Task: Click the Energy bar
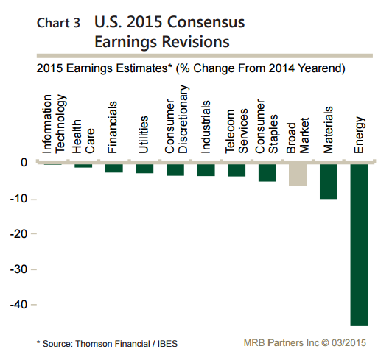tap(359, 245)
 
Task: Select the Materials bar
tap(329, 181)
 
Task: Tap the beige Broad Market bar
tap(298, 174)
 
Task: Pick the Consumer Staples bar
tap(267, 172)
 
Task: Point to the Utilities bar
tap(144, 169)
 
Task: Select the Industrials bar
tap(206, 170)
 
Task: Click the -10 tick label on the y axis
tap(18, 199)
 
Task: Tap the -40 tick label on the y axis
tap(18, 305)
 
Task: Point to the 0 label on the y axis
tap(24, 163)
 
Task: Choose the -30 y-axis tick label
tap(18, 269)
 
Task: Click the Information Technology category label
tap(54, 124)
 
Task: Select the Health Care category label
tap(83, 136)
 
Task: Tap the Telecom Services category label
tap(237, 131)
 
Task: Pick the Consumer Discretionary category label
tap(176, 119)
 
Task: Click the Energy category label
tap(360, 135)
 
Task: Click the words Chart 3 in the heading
tap(58, 23)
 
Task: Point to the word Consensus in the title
tap(206, 22)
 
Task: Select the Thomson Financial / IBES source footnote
tap(107, 344)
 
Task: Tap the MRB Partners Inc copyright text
tap(305, 343)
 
